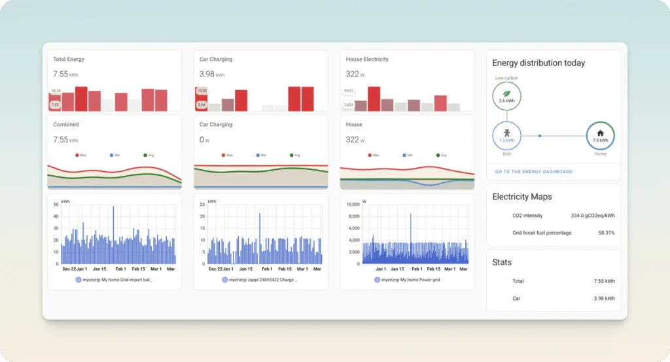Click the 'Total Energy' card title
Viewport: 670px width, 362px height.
tap(69, 59)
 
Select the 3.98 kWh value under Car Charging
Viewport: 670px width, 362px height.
tap(212, 74)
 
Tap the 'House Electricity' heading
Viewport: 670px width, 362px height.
tap(367, 59)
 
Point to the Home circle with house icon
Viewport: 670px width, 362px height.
tap(600, 136)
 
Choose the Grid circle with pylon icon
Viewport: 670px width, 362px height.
tap(506, 136)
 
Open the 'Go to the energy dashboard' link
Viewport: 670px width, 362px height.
tap(533, 172)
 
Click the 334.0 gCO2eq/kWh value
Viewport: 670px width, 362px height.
tap(592, 215)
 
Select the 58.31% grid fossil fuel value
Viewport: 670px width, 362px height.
tap(606, 233)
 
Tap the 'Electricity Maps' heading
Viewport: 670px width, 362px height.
tap(521, 197)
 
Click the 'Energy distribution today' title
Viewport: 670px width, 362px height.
tap(538, 63)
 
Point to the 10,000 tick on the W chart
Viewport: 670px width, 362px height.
tap(352, 205)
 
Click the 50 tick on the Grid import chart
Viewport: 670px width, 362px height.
tap(56, 205)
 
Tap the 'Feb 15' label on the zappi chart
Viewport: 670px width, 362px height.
tap(285, 269)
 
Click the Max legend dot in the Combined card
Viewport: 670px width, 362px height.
tap(77, 156)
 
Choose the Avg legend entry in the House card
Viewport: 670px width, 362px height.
tap(438, 156)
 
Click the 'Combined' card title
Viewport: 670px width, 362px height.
tap(66, 124)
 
